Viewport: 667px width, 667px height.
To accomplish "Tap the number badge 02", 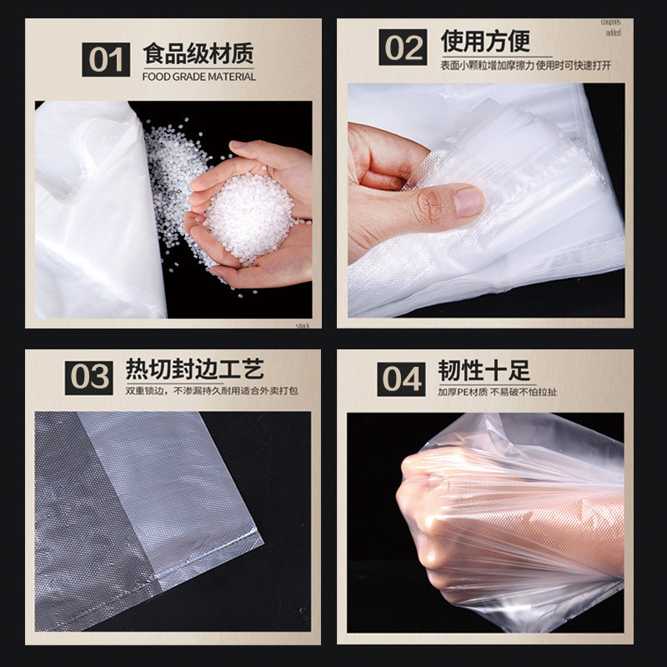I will click(404, 48).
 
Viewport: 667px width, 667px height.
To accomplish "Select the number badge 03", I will click(89, 376).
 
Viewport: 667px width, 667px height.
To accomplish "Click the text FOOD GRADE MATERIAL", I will click(199, 78).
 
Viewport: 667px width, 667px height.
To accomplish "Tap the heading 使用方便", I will click(484, 40).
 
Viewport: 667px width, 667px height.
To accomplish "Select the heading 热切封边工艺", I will click(194, 369).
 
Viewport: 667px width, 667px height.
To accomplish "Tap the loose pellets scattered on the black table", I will click(171, 158).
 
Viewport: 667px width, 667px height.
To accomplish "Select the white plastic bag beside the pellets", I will click(92, 217).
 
